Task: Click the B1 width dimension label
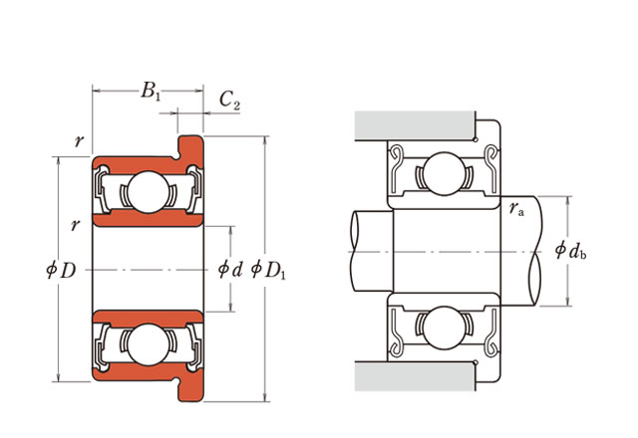click(150, 93)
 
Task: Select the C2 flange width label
click(229, 100)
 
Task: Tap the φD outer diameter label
click(61, 268)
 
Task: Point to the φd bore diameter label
click(230, 268)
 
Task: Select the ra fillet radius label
click(516, 209)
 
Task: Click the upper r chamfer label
click(79, 140)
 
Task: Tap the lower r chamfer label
click(75, 224)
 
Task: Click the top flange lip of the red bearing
click(191, 146)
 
